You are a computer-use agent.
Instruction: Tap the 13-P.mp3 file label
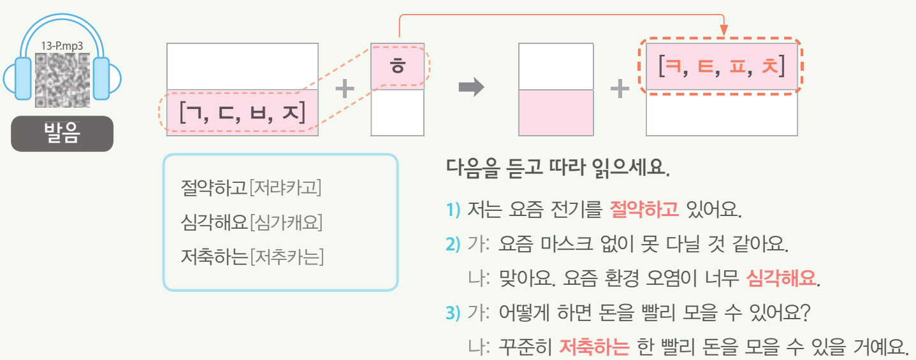(62, 47)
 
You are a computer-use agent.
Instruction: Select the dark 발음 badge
(62, 134)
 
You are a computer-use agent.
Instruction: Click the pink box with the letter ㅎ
(397, 67)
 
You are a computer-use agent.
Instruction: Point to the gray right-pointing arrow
(472, 89)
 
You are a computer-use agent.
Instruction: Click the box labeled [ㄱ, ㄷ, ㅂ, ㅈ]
(242, 113)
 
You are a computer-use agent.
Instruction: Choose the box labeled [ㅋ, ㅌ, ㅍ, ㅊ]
(722, 66)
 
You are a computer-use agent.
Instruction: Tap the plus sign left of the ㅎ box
(345, 89)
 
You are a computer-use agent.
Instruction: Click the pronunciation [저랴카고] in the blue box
(286, 188)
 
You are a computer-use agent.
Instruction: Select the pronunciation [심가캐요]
(286, 222)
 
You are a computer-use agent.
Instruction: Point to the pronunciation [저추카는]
(286, 257)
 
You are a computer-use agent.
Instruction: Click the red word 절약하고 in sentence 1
(644, 208)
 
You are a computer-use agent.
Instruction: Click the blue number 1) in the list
(453, 209)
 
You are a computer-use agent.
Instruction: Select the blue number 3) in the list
(453, 313)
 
